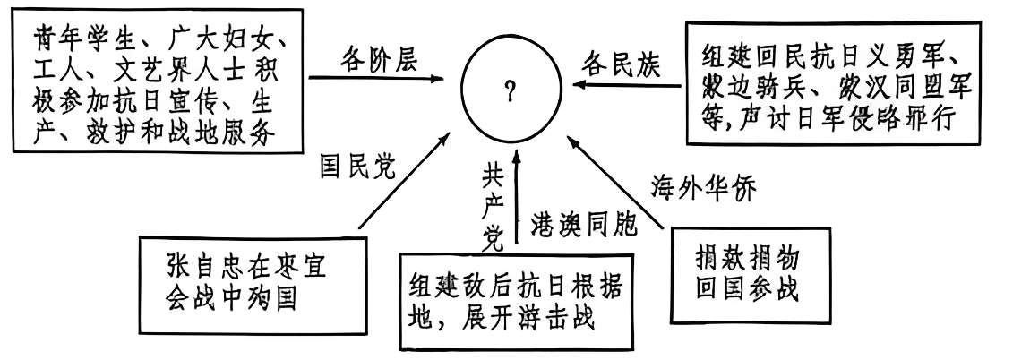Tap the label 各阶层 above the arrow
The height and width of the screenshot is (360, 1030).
tap(379, 60)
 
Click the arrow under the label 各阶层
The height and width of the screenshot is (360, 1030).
tap(376, 79)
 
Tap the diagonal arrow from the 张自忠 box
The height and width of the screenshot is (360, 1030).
tap(403, 184)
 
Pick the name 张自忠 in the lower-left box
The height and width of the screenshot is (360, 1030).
tap(210, 267)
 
